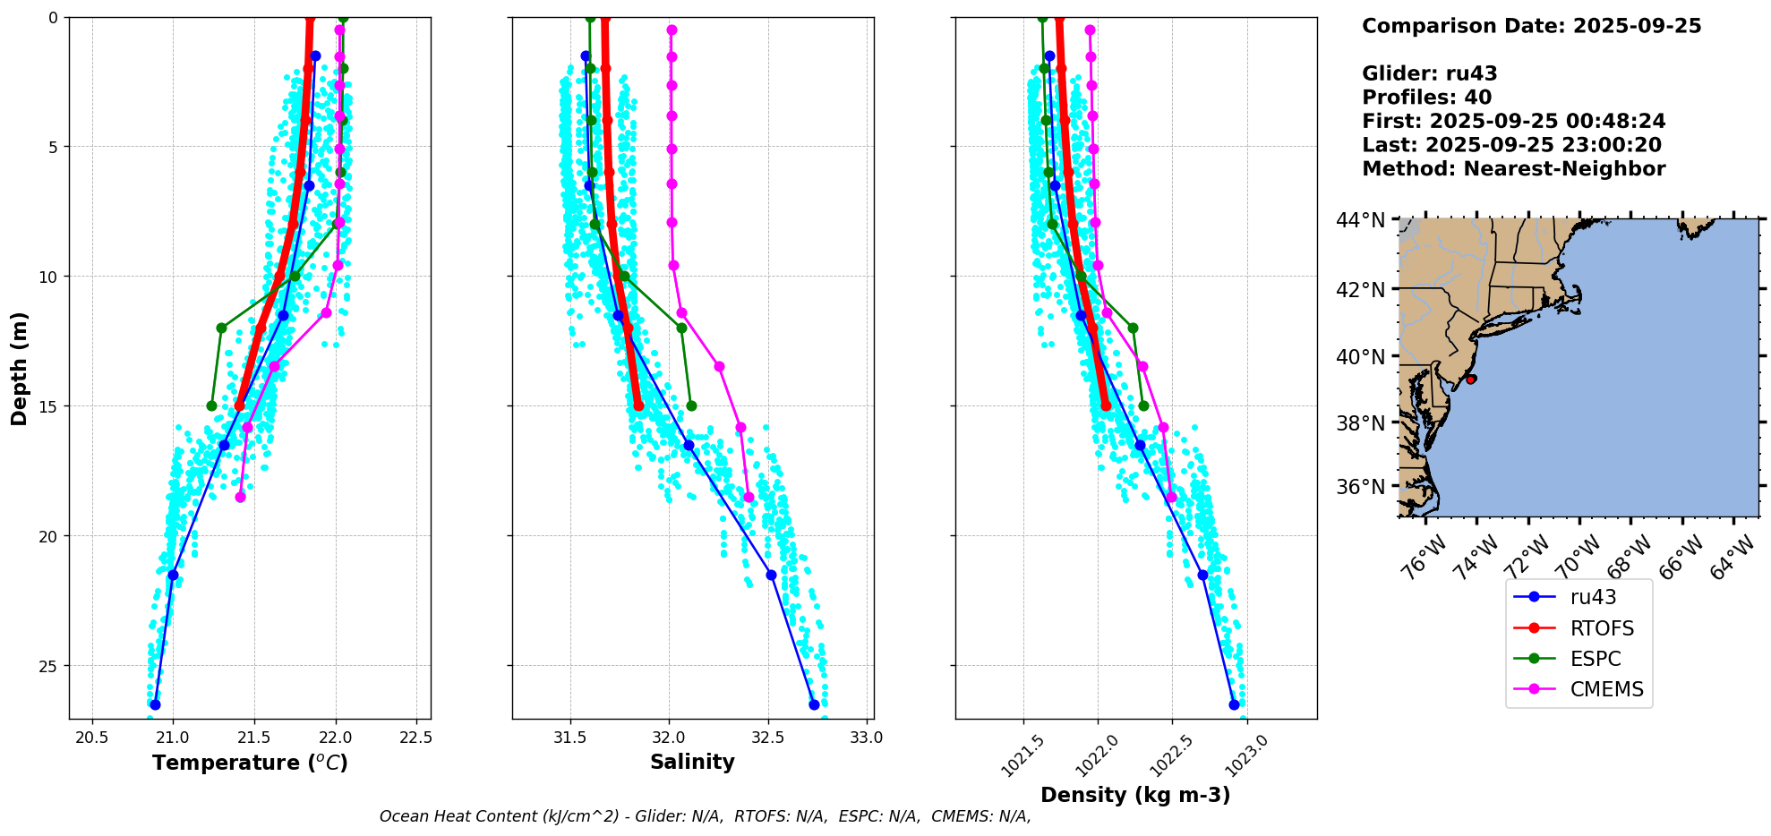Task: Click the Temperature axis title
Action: [x=250, y=763]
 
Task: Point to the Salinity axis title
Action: [x=692, y=763]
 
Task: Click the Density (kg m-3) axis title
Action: [x=1135, y=795]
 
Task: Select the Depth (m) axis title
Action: [x=20, y=368]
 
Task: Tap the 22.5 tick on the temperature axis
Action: [x=415, y=738]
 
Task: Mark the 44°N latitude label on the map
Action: [x=1360, y=220]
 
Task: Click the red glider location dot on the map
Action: [x=1470, y=380]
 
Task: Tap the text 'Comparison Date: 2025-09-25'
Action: [x=1531, y=26]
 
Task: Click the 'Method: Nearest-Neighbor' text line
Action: [x=1513, y=169]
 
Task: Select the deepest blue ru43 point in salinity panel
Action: [x=814, y=704]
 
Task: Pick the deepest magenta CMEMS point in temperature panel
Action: [x=240, y=497]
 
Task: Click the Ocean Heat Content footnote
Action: [x=705, y=816]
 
